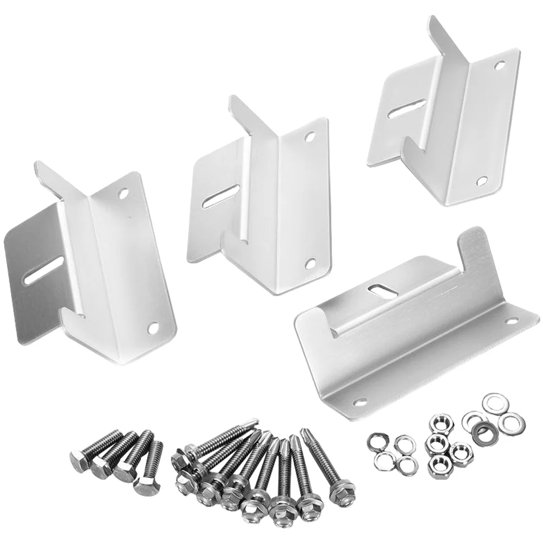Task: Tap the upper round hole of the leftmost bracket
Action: coord(124,193)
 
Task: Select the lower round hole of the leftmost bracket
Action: coord(153,327)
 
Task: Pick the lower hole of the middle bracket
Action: coord(310,263)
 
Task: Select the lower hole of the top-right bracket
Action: coord(481,180)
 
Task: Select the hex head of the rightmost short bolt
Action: coord(143,484)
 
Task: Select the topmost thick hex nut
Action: coord(438,424)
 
